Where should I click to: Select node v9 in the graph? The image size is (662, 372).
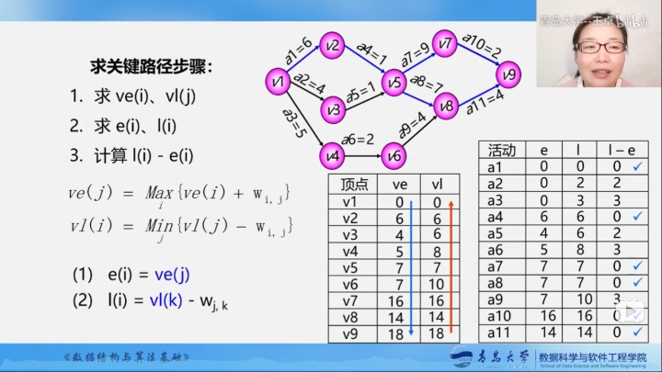(510, 73)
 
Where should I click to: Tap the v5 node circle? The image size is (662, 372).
(394, 84)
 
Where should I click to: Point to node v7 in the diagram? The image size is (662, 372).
(446, 42)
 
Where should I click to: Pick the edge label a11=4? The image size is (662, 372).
(485, 98)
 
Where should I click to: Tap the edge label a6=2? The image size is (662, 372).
(358, 140)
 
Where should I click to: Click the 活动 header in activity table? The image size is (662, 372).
(501, 150)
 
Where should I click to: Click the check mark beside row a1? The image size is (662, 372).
(637, 166)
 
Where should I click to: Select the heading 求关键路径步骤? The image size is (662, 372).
(151, 67)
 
